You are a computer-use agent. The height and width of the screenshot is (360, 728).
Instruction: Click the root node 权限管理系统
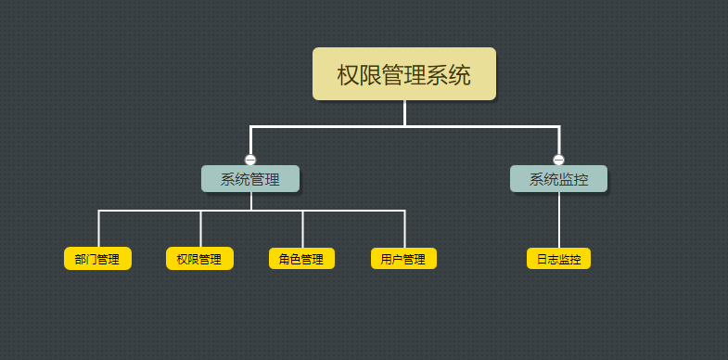tap(403, 73)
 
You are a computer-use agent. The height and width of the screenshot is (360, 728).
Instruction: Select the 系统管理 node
tap(250, 178)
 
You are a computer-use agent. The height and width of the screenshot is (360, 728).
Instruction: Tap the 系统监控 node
tap(558, 178)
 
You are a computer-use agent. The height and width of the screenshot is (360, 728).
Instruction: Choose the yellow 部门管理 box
tap(97, 259)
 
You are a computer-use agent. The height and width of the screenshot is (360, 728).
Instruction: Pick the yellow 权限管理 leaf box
tap(199, 259)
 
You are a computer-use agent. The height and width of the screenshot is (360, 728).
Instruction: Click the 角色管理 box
tap(301, 259)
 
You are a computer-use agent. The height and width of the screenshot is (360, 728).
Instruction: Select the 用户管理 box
tap(403, 259)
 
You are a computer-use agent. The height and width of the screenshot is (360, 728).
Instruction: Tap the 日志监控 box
tap(558, 259)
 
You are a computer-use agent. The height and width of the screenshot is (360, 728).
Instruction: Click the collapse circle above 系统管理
tap(250, 160)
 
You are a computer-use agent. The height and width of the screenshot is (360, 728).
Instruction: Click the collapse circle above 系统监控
tap(558, 160)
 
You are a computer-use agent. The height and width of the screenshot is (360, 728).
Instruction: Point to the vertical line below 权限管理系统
tap(404, 111)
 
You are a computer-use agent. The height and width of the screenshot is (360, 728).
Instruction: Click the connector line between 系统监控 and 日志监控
tap(558, 220)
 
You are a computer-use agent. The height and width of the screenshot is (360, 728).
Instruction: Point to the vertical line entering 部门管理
tap(98, 229)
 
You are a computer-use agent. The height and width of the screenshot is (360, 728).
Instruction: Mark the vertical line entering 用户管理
tap(404, 229)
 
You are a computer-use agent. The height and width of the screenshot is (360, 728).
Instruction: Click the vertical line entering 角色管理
tap(302, 229)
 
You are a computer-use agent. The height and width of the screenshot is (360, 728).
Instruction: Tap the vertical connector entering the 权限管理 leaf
tap(200, 229)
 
